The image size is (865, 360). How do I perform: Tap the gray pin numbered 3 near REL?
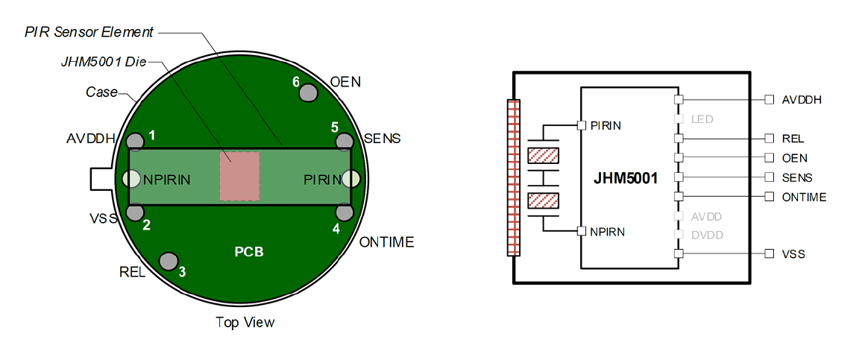point(169,261)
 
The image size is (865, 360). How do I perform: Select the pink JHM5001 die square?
point(239,176)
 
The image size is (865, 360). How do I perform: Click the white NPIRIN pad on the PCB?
point(131,178)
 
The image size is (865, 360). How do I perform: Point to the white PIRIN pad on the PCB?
point(350,178)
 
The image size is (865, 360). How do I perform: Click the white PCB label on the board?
point(249,252)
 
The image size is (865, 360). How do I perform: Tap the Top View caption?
point(245,323)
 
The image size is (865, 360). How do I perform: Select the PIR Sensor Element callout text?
point(89,32)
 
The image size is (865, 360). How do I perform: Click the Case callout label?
point(102,92)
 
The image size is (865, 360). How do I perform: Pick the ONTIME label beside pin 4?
point(386,242)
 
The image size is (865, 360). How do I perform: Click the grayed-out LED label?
point(702,119)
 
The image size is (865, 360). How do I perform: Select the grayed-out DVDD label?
point(707,235)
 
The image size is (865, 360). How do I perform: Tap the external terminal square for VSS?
point(770,254)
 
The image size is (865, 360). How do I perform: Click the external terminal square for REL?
point(770,139)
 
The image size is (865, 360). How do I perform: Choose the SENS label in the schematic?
point(797,178)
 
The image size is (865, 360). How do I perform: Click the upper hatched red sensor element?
point(543,156)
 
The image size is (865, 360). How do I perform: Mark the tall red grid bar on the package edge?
point(512,178)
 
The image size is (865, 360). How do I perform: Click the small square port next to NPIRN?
point(581,232)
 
